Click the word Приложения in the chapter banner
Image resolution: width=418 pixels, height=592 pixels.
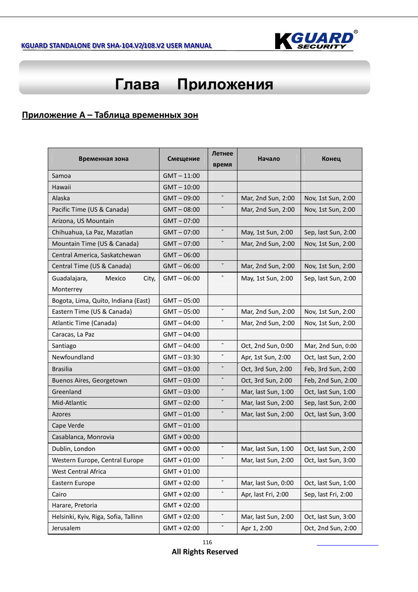(x=225, y=84)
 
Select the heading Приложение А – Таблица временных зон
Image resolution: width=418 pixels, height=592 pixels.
(x=110, y=115)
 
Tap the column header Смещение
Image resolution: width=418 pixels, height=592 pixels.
(x=183, y=159)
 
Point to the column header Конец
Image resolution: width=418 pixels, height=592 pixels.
(x=331, y=159)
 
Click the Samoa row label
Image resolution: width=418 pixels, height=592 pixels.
(x=61, y=176)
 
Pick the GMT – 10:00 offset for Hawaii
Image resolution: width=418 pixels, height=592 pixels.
(x=181, y=187)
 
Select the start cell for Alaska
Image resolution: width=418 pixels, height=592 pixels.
(x=268, y=198)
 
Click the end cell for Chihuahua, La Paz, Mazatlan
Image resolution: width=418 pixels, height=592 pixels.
(x=330, y=232)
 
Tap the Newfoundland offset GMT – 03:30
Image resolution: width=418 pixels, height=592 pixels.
(x=181, y=357)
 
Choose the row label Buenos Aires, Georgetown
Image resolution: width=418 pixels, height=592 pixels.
(x=89, y=380)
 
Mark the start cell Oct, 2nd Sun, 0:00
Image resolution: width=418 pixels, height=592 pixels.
(x=267, y=346)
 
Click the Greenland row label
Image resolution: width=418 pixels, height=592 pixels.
(x=67, y=392)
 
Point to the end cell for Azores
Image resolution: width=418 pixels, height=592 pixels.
(x=329, y=414)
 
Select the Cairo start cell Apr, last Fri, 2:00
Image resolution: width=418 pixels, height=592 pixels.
(x=265, y=494)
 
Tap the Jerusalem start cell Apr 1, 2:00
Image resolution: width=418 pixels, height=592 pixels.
(x=256, y=528)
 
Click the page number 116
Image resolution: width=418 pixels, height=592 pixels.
(x=207, y=542)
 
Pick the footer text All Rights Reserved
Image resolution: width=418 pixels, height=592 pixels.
(x=205, y=552)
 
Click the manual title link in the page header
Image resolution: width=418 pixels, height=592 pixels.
(x=117, y=46)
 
